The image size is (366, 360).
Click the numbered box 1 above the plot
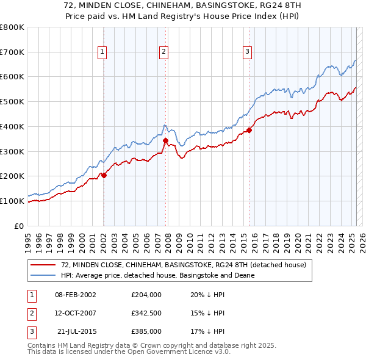click(102, 52)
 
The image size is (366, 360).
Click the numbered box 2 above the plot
click(164, 52)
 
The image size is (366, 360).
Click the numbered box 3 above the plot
click(248, 52)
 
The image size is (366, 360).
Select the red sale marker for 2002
click(104, 175)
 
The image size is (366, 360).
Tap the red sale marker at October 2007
click(165, 140)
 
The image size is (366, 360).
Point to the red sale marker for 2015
click(249, 130)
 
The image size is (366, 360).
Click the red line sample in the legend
click(44, 265)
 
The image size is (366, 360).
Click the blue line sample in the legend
click(44, 275)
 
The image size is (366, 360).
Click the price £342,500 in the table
click(146, 313)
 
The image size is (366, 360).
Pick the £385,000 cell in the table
click(146, 332)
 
